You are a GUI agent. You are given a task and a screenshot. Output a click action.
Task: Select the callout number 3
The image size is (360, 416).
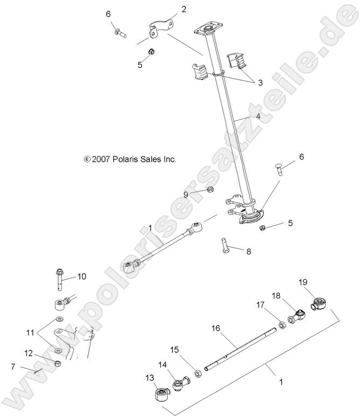pyautogui.click(x=260, y=82)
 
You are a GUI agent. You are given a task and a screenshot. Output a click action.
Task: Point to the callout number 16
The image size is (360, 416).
pyautogui.click(x=216, y=328)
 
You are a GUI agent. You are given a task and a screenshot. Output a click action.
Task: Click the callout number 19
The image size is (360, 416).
pyautogui.click(x=303, y=282)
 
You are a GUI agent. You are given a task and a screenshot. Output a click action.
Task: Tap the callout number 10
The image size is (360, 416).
pyautogui.click(x=81, y=276)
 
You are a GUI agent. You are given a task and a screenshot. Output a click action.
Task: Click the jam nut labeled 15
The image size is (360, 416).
pyautogui.click(x=197, y=373)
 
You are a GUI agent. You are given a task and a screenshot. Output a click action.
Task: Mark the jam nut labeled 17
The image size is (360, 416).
pyautogui.click(x=282, y=325)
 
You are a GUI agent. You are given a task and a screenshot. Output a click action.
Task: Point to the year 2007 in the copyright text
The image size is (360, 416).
pyautogui.click(x=102, y=160)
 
